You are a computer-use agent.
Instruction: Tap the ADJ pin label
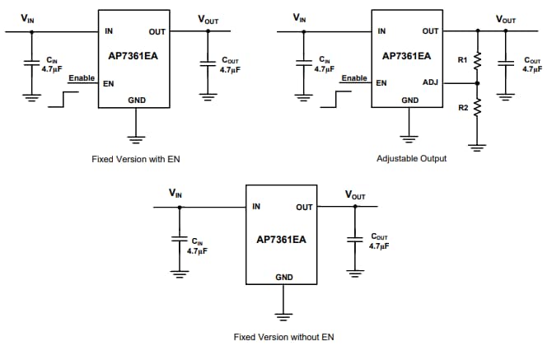(430, 82)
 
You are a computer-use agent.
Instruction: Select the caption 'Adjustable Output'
(411, 158)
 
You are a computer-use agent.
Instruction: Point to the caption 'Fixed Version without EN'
(284, 336)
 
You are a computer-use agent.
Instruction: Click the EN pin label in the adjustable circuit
(381, 83)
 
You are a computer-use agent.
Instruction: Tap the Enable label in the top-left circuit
(82, 77)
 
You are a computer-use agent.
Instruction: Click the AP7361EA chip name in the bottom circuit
(282, 239)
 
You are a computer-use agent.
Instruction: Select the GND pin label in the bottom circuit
(283, 278)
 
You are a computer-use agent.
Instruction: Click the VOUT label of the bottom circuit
(355, 195)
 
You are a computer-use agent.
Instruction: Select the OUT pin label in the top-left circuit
(157, 32)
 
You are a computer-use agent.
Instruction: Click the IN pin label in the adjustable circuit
(381, 32)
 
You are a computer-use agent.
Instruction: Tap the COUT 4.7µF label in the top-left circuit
(228, 65)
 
